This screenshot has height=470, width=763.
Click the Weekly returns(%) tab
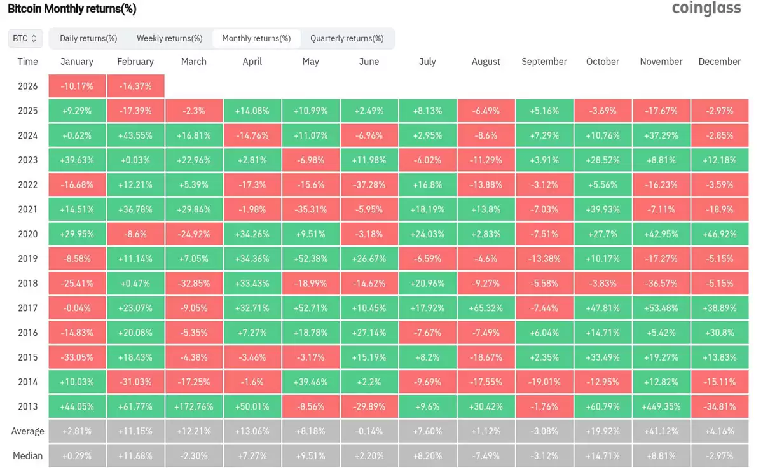169,38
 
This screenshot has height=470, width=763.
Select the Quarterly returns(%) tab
347,38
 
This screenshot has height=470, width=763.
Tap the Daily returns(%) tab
88,38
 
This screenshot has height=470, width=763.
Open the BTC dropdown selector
25,38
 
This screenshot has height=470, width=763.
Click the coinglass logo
706,8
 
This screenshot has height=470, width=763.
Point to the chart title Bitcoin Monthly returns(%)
72,9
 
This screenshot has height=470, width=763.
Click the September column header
544,62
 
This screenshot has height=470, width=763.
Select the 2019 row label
27,259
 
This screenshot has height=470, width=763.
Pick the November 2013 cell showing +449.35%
661,406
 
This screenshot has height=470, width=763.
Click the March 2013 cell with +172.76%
194,406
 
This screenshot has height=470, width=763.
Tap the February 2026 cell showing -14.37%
135,86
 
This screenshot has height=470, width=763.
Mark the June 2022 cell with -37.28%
369,185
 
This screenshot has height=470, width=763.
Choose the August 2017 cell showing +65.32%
486,308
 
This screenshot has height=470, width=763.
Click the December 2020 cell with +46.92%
719,234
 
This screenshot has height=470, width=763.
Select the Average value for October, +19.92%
602,431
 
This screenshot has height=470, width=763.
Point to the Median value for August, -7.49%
486,456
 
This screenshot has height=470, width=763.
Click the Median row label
27,456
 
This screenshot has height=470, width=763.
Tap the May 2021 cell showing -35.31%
310,209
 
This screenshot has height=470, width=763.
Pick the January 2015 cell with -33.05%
77,357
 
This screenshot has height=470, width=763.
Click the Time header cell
27,62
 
